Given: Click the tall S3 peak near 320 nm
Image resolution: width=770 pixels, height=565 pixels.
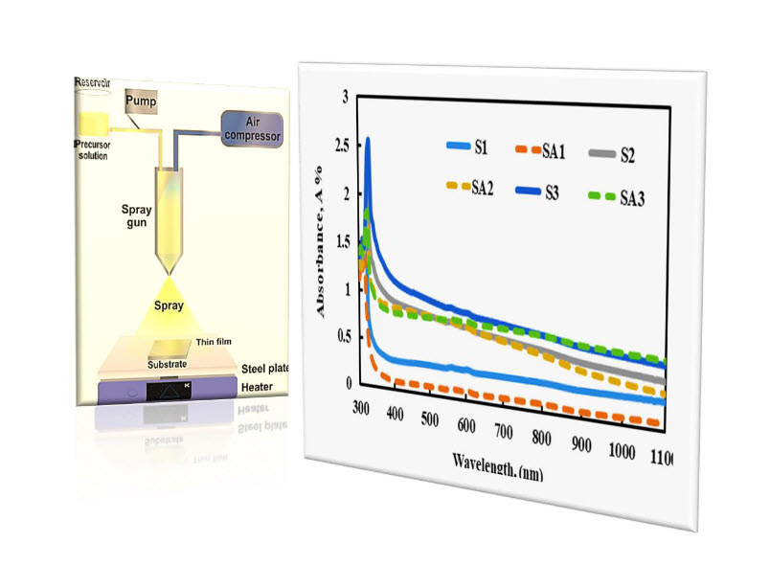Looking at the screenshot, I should tap(368, 142).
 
